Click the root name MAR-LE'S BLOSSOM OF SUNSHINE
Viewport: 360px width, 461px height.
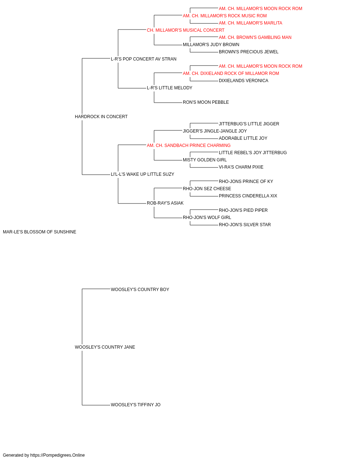point(40,232)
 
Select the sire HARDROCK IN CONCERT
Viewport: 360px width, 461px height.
point(101,117)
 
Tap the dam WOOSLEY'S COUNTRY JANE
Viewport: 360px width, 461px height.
point(105,347)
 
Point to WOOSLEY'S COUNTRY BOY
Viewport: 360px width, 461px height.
point(140,290)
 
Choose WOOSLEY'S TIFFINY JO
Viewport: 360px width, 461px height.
point(136,405)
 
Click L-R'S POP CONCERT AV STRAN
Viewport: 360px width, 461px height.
point(144,59)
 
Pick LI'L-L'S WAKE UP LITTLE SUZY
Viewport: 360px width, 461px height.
point(143,174)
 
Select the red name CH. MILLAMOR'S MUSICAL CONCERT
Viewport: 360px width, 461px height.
point(185,30)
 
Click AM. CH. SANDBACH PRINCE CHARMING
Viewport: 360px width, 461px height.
point(189,145)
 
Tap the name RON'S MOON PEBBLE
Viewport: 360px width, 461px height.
point(206,102)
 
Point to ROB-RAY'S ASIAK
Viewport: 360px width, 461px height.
point(165,203)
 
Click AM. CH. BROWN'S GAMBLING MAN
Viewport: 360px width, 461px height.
point(255,37)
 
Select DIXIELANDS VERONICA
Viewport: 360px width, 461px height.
point(244,81)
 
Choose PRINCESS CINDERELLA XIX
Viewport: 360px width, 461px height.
point(248,196)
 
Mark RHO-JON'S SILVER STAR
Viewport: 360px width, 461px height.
point(245,225)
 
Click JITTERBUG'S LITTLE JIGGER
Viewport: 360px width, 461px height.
point(249,124)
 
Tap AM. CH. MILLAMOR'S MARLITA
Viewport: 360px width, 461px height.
point(251,23)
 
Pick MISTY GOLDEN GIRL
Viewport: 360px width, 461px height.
point(205,160)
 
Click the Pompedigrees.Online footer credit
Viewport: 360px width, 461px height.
point(44,455)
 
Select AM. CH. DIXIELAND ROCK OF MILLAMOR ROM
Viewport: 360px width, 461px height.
point(231,73)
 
